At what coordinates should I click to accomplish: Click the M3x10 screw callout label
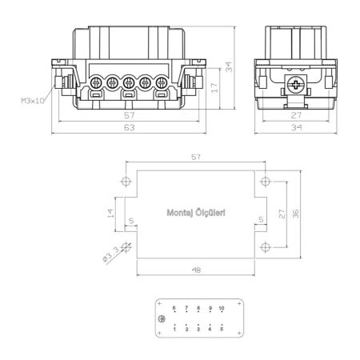33,101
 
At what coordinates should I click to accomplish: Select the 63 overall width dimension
130,127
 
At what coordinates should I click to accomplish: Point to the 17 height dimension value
214,88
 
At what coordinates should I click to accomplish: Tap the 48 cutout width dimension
196,270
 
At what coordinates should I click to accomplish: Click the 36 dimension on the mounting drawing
295,214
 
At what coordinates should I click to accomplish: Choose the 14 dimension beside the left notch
110,214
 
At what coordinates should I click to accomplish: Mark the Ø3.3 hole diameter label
110,254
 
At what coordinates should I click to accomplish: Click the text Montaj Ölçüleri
196,213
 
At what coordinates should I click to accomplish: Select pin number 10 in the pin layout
222,308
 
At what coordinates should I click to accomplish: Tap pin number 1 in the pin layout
174,330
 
